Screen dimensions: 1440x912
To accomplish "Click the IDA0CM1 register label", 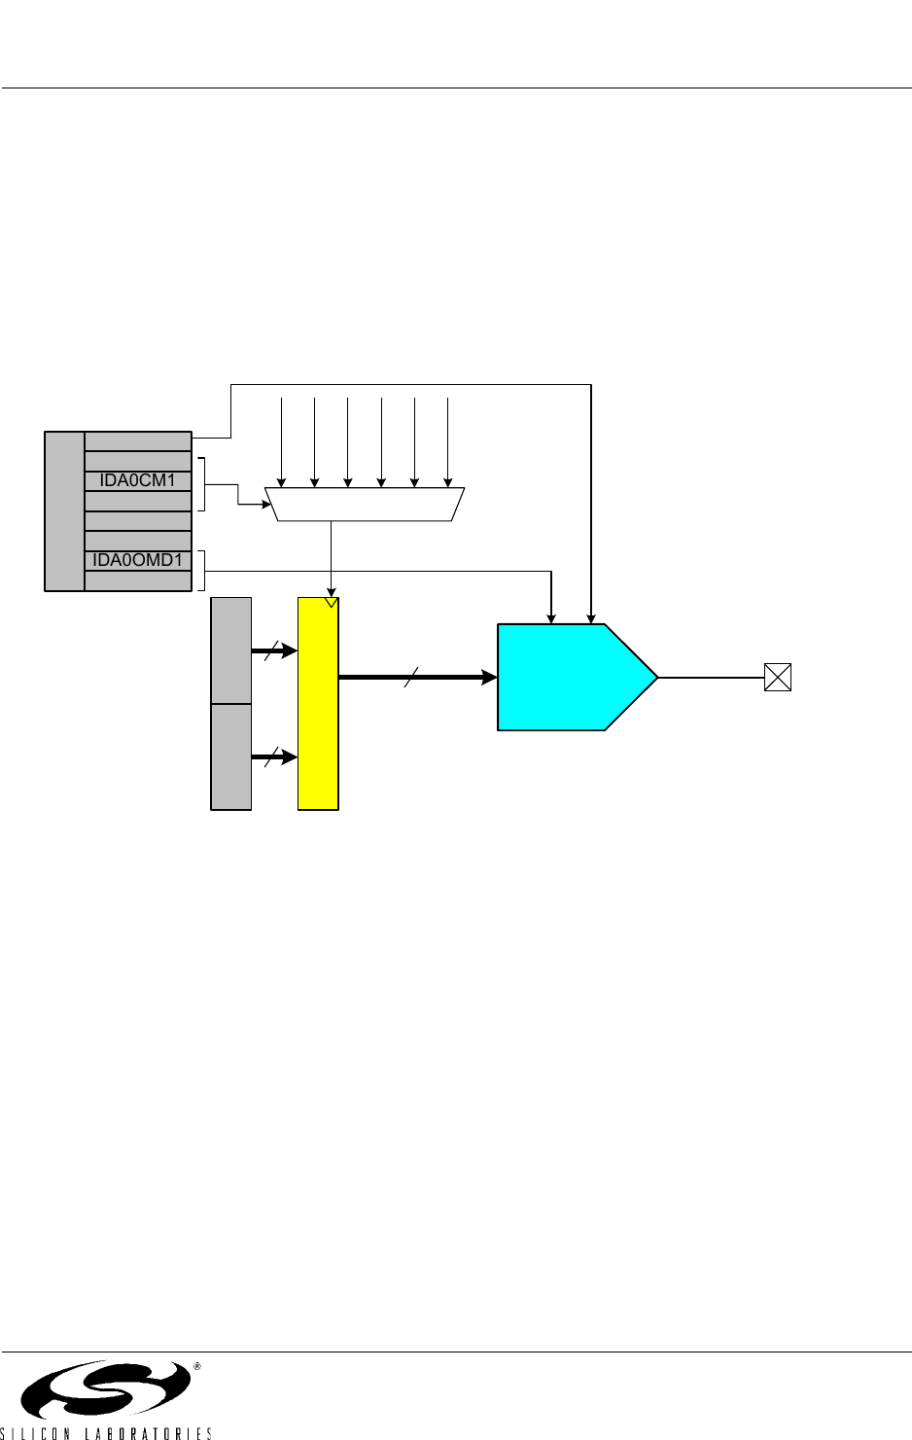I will (x=137, y=480).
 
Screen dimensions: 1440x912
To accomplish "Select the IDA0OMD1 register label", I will (x=137, y=560).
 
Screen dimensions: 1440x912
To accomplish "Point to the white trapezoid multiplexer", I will (x=365, y=504).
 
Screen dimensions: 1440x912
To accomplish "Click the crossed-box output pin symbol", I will (x=778, y=677).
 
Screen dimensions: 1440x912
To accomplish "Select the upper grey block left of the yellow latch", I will (x=231, y=650).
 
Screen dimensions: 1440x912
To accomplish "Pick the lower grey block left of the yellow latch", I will (x=231, y=756).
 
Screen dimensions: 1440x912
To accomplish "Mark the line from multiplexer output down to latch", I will (x=332, y=559).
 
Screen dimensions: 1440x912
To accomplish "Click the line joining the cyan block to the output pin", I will (x=711, y=677).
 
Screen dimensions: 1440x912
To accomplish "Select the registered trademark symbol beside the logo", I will (x=196, y=1366).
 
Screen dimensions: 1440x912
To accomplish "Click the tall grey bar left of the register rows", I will (x=64, y=511).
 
